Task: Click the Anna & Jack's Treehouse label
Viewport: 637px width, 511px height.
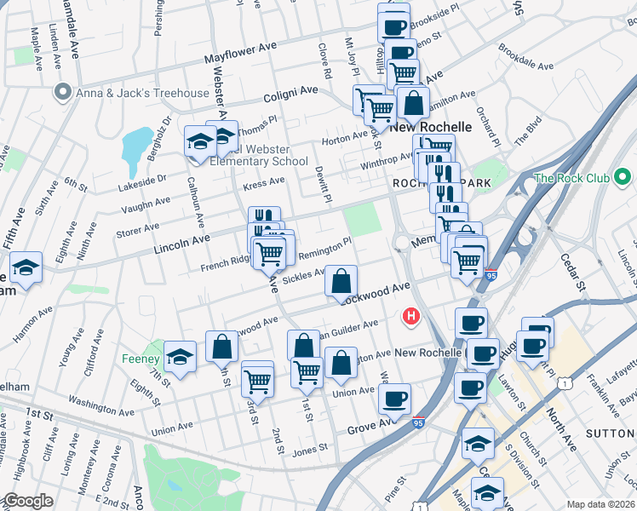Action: (143, 93)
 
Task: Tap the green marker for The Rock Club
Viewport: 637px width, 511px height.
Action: (623, 178)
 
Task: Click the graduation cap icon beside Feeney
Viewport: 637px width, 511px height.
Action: (180, 356)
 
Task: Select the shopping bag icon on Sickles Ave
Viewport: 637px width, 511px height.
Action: (341, 282)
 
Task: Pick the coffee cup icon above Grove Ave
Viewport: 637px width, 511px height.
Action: (394, 399)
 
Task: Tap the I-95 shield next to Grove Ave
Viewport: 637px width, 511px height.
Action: (418, 422)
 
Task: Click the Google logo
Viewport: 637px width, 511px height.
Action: (28, 501)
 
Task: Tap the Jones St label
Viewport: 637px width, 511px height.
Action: (310, 448)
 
